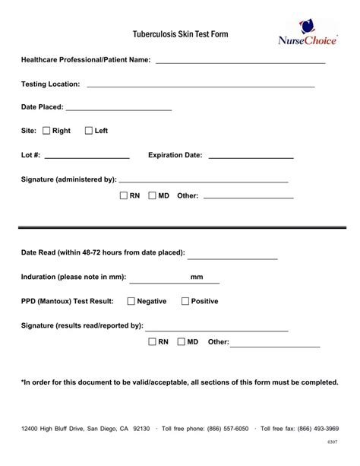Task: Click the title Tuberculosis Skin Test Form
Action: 180,35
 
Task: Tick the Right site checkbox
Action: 46,131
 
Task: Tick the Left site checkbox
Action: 89,131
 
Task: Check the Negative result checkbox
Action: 131,301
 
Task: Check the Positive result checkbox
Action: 185,301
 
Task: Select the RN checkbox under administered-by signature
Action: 124,195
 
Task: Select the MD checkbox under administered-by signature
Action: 152,195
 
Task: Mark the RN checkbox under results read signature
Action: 152,342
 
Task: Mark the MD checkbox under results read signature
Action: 181,342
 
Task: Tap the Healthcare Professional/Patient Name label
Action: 86,59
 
